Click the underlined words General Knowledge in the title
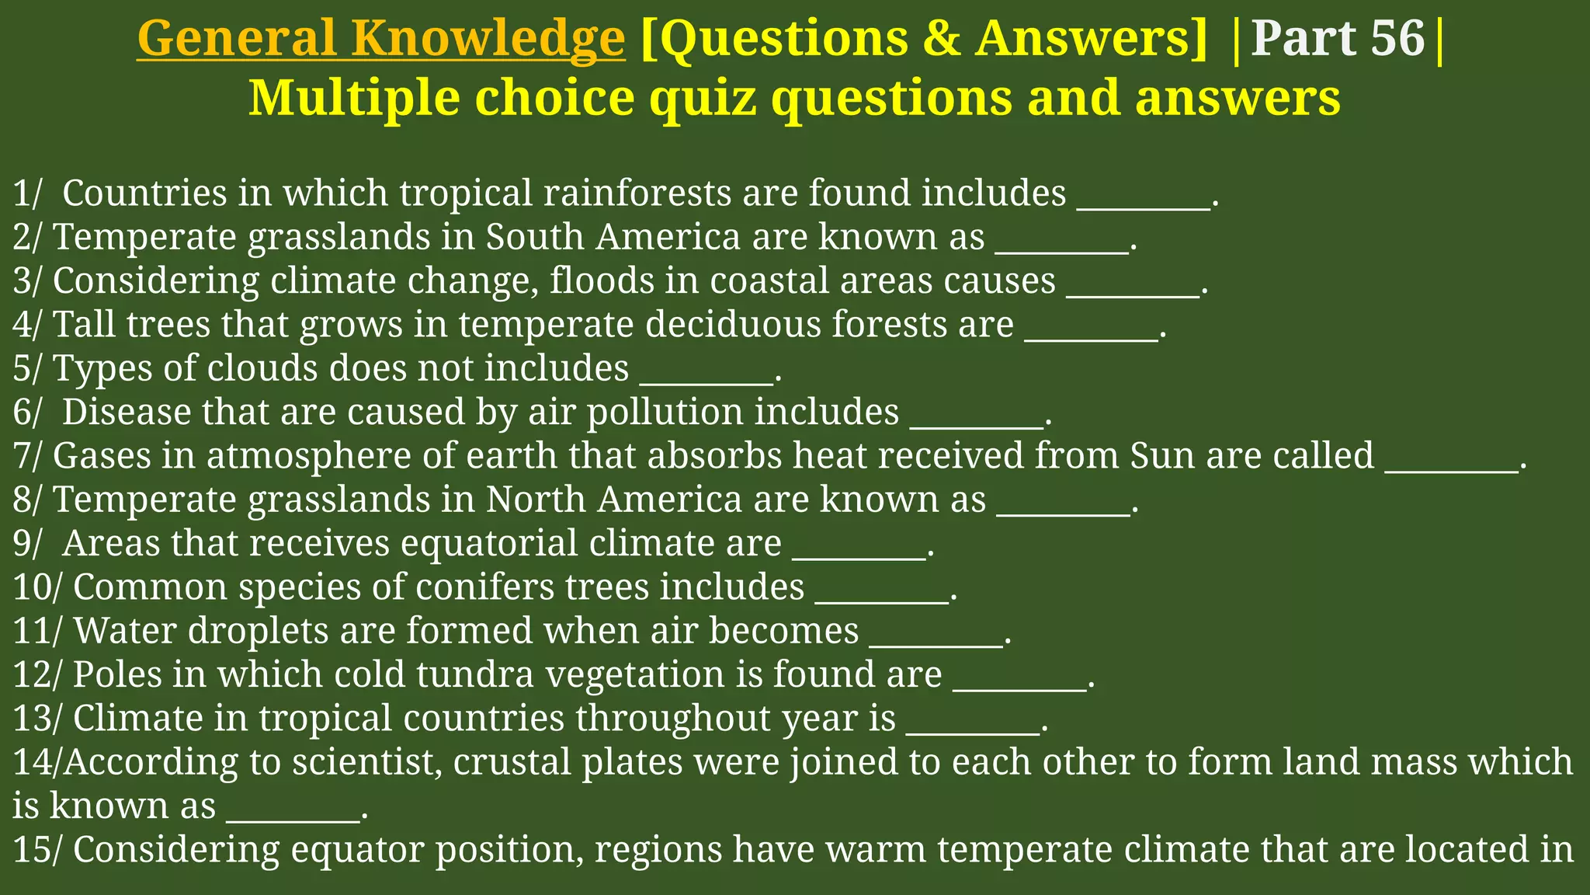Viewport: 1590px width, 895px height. click(x=380, y=39)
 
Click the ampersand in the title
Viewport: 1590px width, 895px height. click(x=943, y=39)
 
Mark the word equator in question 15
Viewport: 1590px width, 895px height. click(x=357, y=850)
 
